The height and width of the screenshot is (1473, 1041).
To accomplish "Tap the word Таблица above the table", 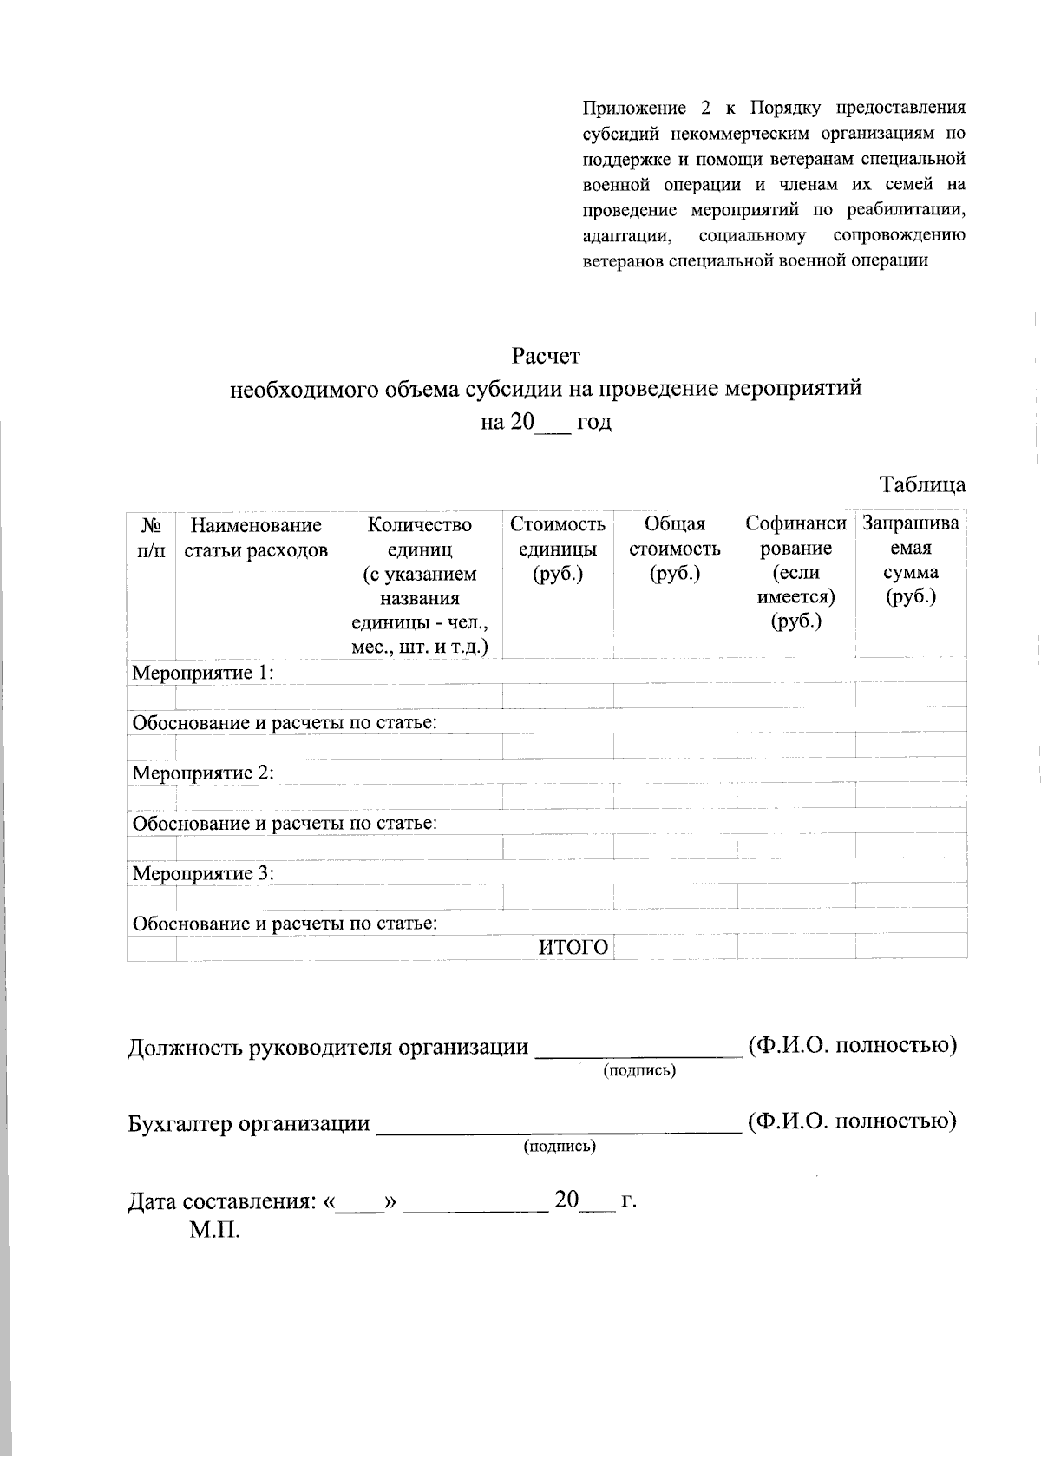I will [922, 484].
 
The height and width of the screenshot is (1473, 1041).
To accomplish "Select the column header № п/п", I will [151, 537].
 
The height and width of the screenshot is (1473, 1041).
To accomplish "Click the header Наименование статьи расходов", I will [256, 537].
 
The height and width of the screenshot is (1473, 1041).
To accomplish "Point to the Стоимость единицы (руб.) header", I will [558, 549].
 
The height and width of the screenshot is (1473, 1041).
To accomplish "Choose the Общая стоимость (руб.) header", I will [675, 549].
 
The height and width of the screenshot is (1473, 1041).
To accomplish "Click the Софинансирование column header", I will [795, 572].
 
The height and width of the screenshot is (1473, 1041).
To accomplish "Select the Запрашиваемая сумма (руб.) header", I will [911, 560].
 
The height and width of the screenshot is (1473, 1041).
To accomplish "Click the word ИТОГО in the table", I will [573, 948].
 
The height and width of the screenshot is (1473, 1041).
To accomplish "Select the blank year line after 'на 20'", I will [553, 424].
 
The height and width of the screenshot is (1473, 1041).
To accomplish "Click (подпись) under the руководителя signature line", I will [639, 1070].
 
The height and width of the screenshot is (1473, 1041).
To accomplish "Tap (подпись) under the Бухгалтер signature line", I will [560, 1147].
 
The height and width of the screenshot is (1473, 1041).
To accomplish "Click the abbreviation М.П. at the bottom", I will [214, 1230].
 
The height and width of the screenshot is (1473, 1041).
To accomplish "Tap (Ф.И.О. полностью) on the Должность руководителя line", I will [852, 1045].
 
